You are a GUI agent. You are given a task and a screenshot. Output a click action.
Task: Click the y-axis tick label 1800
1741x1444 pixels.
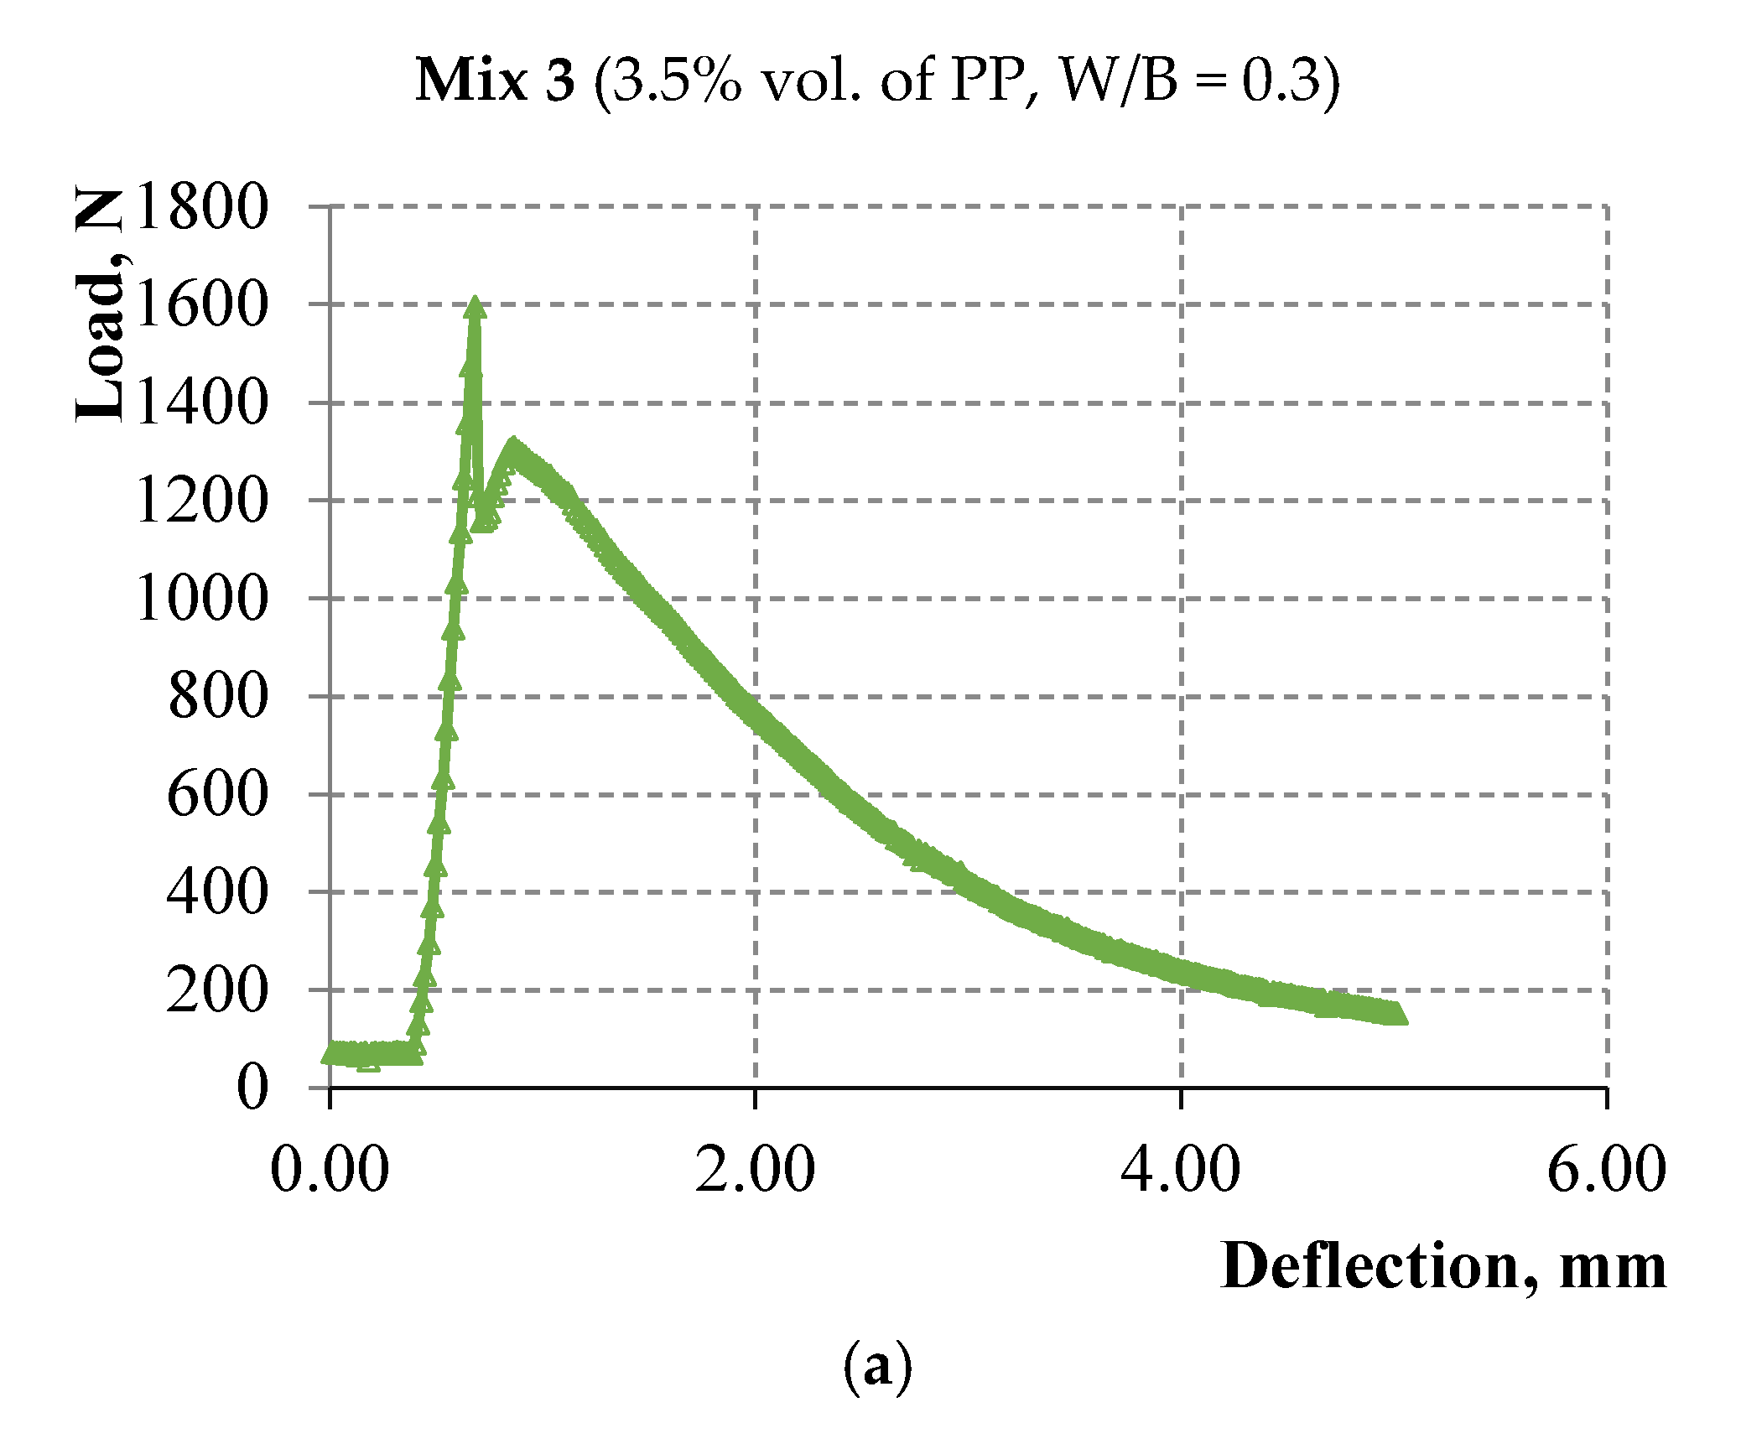[201, 207]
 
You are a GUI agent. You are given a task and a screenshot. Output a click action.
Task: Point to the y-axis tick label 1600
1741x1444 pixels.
[201, 304]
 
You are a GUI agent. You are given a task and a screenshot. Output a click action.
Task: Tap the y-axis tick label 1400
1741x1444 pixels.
[201, 403]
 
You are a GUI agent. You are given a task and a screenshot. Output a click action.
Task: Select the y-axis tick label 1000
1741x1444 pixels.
[201, 599]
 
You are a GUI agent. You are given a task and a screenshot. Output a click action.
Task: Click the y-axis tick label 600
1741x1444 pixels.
[217, 794]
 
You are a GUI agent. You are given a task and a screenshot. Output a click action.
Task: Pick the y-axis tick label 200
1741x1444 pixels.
[217, 990]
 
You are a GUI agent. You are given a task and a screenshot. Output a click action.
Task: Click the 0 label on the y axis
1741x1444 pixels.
[252, 1088]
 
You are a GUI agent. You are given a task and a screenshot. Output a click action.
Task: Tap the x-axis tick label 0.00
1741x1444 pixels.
[330, 1170]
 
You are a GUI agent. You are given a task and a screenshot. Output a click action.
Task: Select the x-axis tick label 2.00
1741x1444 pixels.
[755, 1170]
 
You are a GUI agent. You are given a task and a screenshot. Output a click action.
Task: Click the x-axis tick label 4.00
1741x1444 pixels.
[1181, 1170]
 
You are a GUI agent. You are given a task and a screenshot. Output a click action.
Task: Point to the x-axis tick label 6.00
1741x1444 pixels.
[1606, 1170]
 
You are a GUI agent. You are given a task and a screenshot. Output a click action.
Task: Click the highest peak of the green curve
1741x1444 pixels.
[475, 305]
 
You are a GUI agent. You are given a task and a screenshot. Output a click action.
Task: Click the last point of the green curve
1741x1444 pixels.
[1395, 1015]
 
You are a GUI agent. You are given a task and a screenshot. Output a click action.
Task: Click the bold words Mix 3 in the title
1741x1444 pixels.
[495, 81]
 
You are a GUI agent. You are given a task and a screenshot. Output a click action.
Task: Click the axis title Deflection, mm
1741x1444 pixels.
[1442, 1266]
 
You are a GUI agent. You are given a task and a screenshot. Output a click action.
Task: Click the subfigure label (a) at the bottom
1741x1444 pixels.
[877, 1368]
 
